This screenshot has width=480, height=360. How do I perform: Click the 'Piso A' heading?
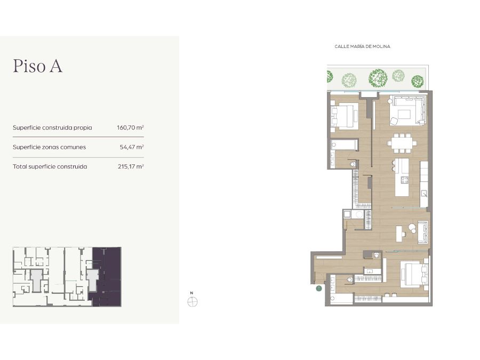pos(38,66)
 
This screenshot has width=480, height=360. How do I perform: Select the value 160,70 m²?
pos(131,127)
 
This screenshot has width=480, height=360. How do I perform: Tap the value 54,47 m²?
pos(132,147)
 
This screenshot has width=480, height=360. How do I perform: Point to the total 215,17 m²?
pos(131,166)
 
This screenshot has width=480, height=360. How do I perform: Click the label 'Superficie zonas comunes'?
pos(49,147)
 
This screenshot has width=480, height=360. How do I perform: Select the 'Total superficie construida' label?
pos(50,166)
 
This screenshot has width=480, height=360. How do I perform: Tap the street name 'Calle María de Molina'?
pos(362,46)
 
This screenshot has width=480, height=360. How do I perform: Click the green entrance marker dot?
pos(319,288)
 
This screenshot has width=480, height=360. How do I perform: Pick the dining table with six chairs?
pos(402,143)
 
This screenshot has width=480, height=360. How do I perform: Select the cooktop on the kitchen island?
pos(405,180)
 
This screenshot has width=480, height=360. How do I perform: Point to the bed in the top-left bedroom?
pos(345,116)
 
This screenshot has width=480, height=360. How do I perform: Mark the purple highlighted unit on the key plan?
pos(107,276)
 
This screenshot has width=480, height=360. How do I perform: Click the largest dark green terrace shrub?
pos(378,78)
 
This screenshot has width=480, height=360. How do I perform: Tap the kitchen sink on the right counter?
pos(424,193)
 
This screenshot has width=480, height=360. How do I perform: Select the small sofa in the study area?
pos(423,232)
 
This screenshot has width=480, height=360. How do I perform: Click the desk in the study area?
pos(399,234)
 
